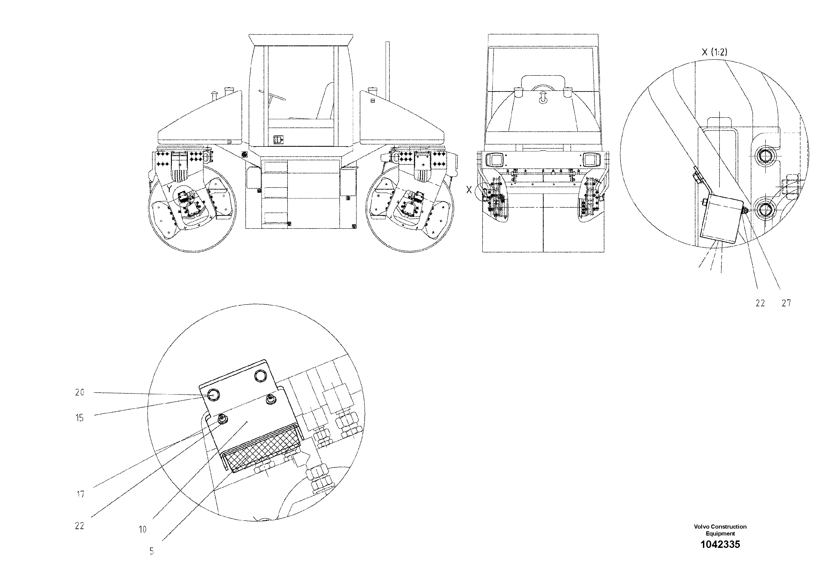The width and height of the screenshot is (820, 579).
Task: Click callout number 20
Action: [x=80, y=392]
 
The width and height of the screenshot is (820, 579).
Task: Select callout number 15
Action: [x=80, y=418]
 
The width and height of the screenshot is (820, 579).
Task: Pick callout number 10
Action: [x=142, y=529]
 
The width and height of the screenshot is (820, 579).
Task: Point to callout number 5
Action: [x=152, y=551]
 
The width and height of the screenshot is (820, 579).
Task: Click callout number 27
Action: [x=786, y=303]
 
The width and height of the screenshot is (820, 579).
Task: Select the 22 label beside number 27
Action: [x=760, y=303]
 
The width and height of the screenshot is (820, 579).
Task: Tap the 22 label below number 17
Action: [x=79, y=526]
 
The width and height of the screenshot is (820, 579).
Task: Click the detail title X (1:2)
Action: [x=714, y=52]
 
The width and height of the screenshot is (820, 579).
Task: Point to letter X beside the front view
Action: [x=469, y=190]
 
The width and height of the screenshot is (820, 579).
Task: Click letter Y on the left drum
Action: [x=170, y=189]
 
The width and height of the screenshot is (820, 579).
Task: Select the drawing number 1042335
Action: [x=720, y=544]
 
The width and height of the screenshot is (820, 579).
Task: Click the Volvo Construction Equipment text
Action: [x=720, y=530]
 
